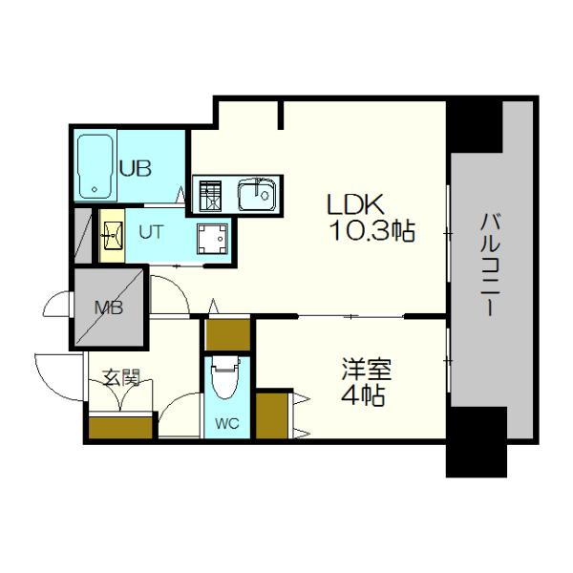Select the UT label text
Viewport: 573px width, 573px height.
(x=150, y=229)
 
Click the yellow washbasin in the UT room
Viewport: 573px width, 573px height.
(x=112, y=234)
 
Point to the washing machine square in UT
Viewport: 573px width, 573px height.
(x=212, y=236)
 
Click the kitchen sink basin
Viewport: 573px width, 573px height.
(x=257, y=198)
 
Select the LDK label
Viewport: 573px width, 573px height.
(x=355, y=203)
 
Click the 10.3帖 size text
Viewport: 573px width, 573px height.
(x=372, y=230)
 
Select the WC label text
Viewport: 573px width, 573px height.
(x=225, y=421)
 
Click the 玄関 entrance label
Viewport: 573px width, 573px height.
(x=121, y=378)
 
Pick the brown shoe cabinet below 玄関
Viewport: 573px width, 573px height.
(x=119, y=426)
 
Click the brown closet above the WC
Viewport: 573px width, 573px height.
(x=227, y=335)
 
